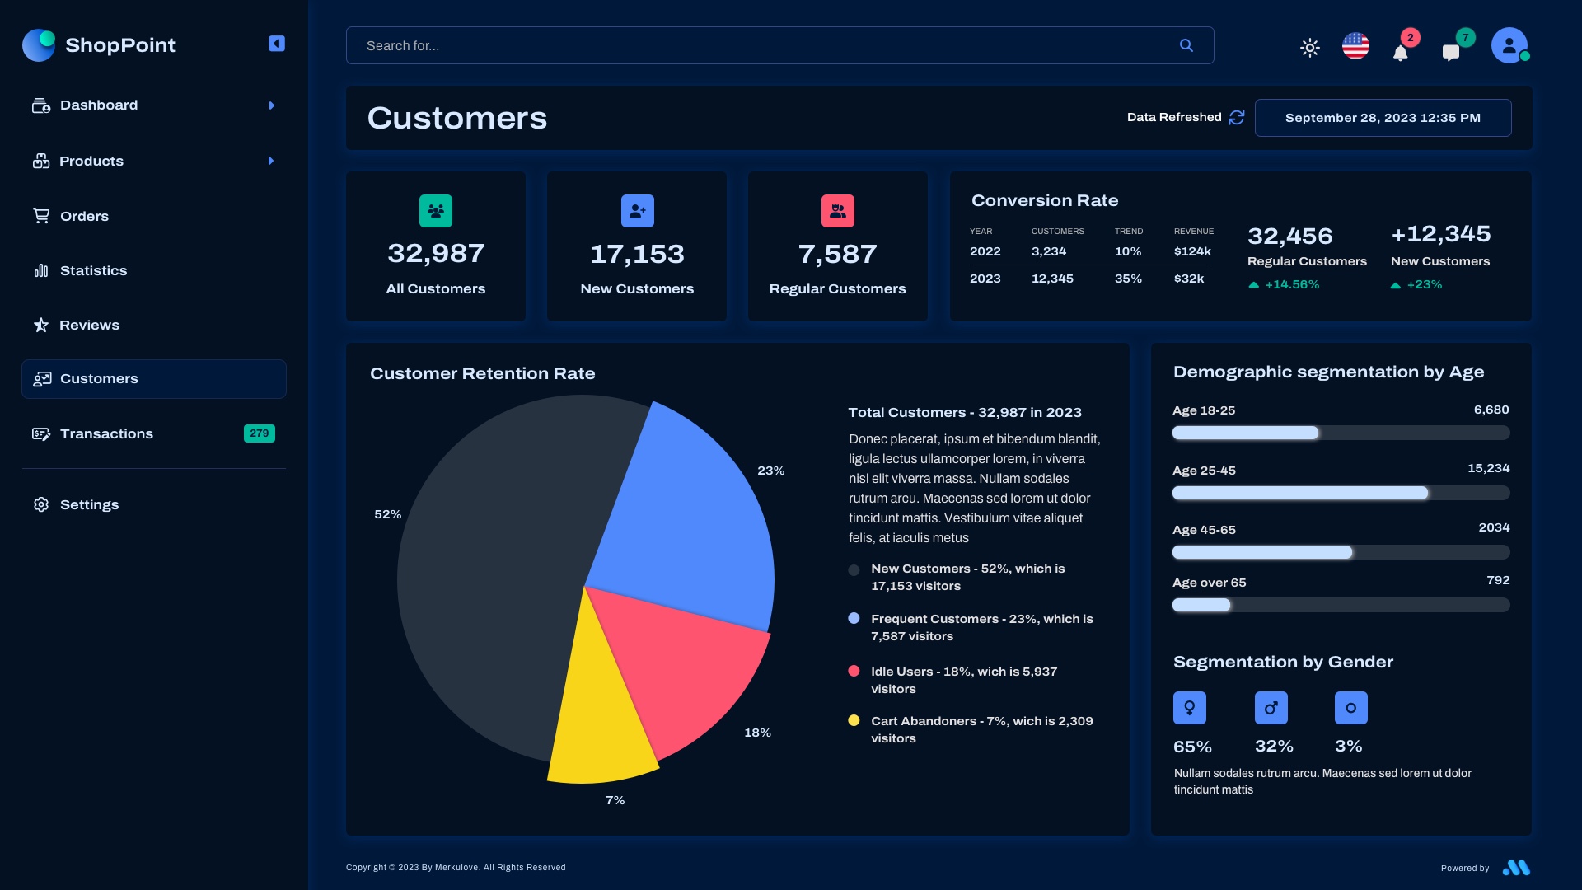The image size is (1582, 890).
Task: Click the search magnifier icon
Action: pos(1186,45)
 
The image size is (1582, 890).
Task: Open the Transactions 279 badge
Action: pos(259,433)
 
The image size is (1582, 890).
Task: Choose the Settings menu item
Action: pos(89,504)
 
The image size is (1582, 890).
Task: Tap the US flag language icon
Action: pos(1355,46)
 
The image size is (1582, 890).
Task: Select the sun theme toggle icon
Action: pos(1309,48)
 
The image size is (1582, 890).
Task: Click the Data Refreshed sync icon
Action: pos(1236,118)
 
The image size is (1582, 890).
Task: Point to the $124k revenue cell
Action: pos(1192,251)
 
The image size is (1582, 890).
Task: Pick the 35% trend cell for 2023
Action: pos(1128,279)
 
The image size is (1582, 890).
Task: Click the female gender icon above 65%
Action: pos(1189,708)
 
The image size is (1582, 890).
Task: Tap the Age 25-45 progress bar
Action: pos(1341,493)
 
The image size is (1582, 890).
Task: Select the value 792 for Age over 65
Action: pos(1497,580)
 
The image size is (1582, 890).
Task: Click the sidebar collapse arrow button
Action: pos(277,44)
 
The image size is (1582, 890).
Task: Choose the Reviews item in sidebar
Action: pos(89,325)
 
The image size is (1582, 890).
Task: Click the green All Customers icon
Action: pos(435,211)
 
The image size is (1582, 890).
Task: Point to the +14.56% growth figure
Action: pos(1291,284)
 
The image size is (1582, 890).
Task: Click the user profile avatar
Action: pos(1509,45)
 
